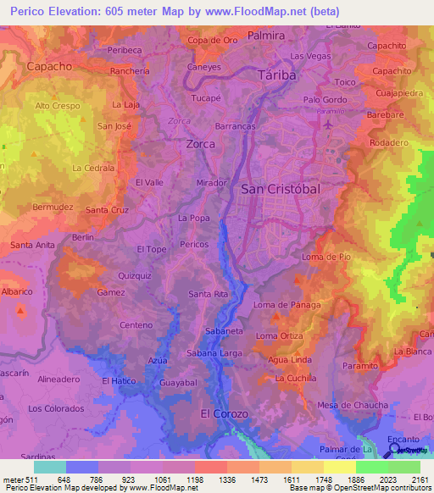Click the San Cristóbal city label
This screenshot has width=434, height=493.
pos(281,189)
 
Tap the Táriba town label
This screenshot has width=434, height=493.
pos(278,75)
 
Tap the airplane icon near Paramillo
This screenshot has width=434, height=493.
pos(328,124)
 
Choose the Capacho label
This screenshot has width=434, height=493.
pos(49,65)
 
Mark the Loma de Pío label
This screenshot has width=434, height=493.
pos(326,256)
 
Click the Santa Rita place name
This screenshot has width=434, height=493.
pos(209,294)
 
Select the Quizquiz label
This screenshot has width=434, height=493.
pos(135,275)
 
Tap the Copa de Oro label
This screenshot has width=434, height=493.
pos(212,40)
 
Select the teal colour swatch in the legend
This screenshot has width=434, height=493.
pos(49,467)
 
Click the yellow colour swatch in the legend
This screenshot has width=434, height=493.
pos(340,467)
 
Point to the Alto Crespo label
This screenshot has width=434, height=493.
pos(58,106)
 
